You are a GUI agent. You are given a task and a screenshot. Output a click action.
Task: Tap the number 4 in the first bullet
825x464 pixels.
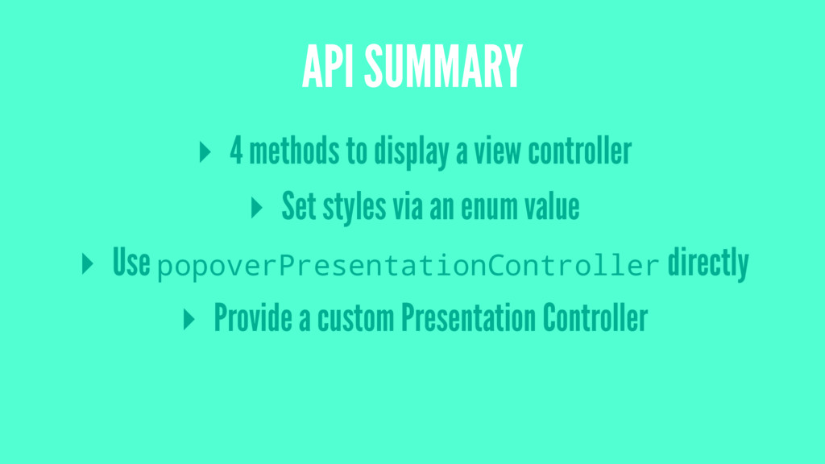[236, 151]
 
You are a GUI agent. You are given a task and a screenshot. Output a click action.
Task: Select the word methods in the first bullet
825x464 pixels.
[285, 151]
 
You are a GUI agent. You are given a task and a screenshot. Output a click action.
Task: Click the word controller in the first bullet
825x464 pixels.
[580, 151]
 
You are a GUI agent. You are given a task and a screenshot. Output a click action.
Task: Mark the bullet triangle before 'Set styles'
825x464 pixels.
[257, 208]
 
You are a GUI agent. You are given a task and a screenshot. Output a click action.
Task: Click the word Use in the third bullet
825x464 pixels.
[132, 263]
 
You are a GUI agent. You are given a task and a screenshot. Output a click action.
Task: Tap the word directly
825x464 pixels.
[708, 263]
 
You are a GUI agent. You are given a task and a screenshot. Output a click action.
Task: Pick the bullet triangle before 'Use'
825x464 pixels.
[88, 263]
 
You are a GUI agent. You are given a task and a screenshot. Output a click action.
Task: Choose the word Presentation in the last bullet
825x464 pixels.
[468, 319]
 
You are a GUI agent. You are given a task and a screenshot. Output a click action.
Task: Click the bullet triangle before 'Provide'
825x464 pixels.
[189, 319]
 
